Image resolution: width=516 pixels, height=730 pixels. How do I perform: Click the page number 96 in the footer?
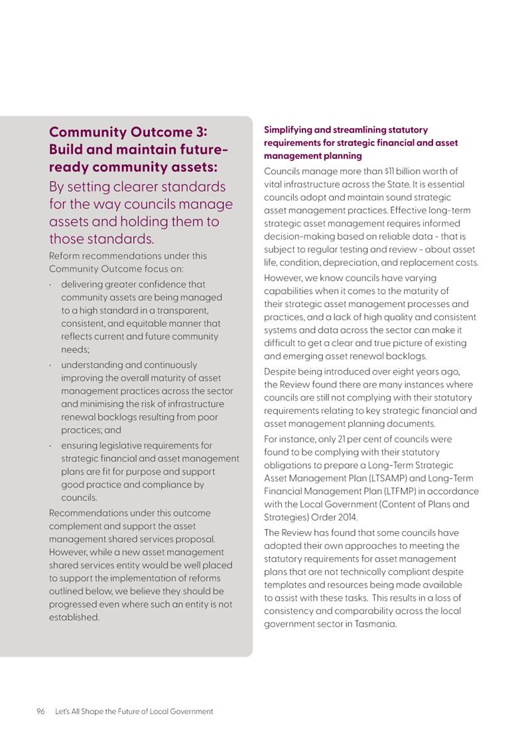40,711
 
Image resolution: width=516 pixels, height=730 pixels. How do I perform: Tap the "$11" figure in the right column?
381,171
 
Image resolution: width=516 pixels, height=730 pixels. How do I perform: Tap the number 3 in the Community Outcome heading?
200,132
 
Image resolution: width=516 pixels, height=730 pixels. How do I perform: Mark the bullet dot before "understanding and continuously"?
51,365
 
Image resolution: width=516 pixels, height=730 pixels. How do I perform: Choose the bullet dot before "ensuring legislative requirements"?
51,446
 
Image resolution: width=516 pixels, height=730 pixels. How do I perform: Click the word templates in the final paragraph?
287,585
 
